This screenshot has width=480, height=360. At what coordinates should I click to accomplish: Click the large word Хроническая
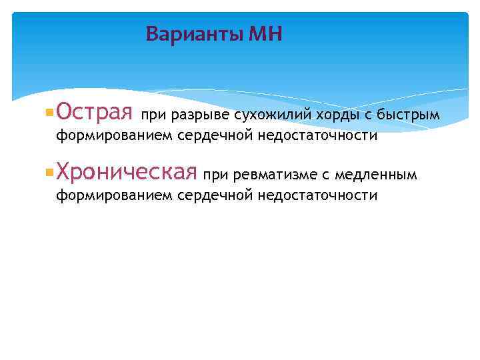[x=127, y=173]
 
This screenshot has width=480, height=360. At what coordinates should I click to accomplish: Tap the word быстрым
[x=408, y=115]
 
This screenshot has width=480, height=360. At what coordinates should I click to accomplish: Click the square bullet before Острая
[x=49, y=114]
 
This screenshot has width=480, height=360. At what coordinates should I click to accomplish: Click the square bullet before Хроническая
[x=49, y=173]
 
